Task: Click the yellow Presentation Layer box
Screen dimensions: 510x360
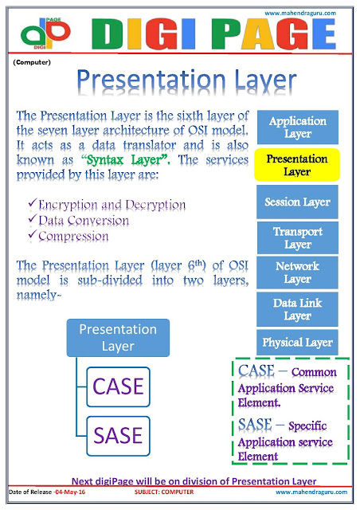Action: pyautogui.click(x=297, y=165)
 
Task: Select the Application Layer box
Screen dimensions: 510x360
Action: pyautogui.click(x=297, y=127)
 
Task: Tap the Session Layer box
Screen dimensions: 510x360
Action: pyautogui.click(x=297, y=202)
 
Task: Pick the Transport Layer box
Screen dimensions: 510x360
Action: pyautogui.click(x=297, y=237)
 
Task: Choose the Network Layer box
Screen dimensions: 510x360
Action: pyautogui.click(x=297, y=273)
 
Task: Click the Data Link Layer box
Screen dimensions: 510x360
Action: pyautogui.click(x=297, y=309)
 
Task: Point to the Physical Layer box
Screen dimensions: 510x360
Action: pyautogui.click(x=297, y=343)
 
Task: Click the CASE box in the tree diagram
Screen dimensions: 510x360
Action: pyautogui.click(x=118, y=386)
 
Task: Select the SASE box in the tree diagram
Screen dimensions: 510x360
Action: pyautogui.click(x=118, y=435)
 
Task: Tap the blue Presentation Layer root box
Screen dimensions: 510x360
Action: pyautogui.click(x=117, y=337)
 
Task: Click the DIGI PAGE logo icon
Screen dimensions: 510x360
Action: pyautogui.click(x=45, y=33)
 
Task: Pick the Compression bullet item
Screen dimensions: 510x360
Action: pyautogui.click(x=68, y=236)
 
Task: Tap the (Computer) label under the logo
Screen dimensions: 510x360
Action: pyautogui.click(x=33, y=62)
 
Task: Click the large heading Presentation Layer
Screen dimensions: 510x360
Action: pyautogui.click(x=187, y=80)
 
